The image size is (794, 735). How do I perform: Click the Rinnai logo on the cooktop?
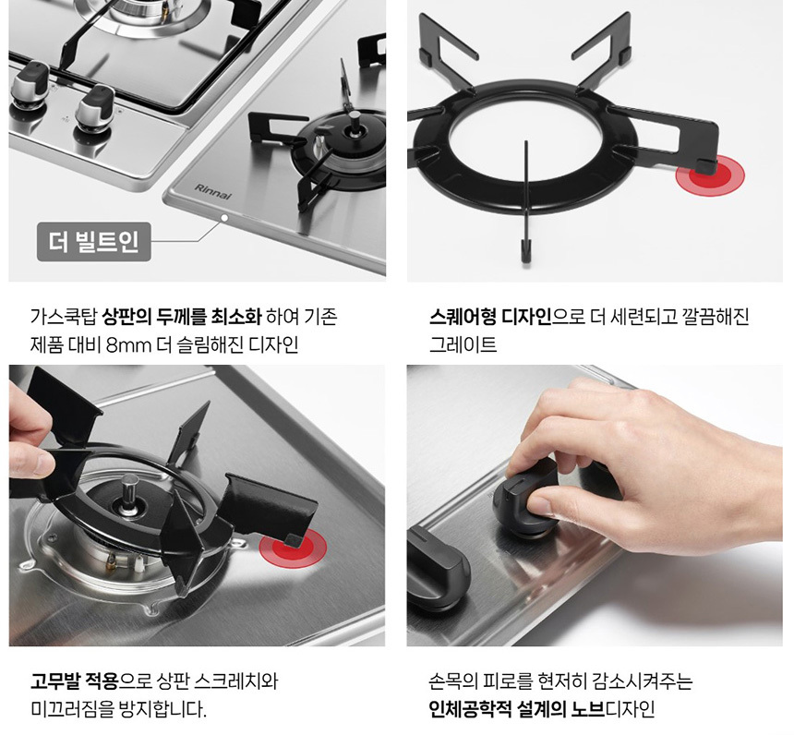click(212, 192)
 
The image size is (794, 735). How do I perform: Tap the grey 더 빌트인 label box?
click(93, 242)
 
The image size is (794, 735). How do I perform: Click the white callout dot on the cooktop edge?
click(224, 218)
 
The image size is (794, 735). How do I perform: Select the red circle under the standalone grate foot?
click(710, 175)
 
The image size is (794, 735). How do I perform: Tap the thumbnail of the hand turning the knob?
click(595, 505)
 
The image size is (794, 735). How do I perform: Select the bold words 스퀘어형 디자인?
click(490, 317)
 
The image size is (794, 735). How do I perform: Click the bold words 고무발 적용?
click(74, 681)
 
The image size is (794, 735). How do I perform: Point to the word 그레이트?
click(463, 345)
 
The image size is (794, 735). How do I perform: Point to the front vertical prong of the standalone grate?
click(526, 201)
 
